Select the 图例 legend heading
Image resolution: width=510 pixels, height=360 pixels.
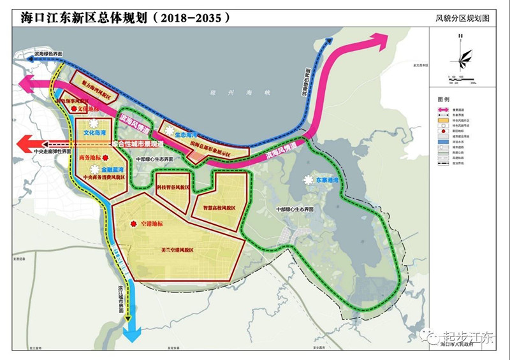pos(444,101)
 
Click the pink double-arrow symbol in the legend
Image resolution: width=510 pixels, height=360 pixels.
pos(445,110)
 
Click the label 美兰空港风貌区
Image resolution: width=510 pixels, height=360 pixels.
pos(177,250)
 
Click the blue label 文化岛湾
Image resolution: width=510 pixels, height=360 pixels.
pos(96,134)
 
